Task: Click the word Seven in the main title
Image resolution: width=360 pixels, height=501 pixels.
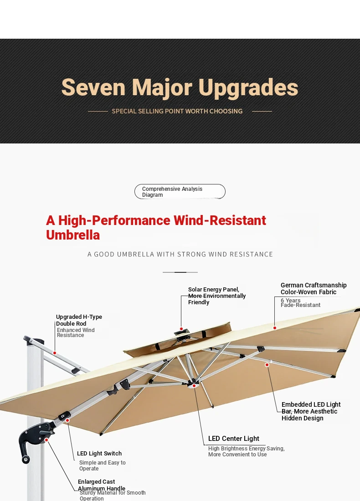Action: pos(93,87)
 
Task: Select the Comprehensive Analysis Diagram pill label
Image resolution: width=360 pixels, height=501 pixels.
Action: pos(180,192)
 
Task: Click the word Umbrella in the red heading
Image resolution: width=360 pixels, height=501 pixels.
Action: pos(73,235)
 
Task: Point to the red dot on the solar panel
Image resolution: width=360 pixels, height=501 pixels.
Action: pos(181,329)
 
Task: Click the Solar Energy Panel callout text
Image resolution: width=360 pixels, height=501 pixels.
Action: pos(217,296)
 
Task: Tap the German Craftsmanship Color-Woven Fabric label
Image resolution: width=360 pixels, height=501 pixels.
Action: pos(314,288)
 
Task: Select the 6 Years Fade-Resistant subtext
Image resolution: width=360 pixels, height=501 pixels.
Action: pos(301,302)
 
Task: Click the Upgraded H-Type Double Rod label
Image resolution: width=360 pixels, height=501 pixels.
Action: pos(79,320)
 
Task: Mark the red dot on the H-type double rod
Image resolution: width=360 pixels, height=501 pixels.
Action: pos(55,353)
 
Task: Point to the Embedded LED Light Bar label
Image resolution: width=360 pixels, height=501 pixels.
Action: pos(311,411)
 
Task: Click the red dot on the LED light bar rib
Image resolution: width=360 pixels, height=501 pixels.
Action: pos(267,364)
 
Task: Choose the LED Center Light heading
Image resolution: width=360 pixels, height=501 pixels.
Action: pos(234,439)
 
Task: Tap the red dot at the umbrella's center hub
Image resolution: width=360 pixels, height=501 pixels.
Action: pos(194,386)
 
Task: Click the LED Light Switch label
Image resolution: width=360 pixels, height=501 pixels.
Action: pos(99,453)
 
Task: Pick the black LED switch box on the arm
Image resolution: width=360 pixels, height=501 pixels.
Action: pos(65,416)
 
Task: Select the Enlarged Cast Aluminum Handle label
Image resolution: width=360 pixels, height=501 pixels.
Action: pos(102,485)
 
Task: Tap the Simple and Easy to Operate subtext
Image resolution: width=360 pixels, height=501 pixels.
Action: pos(103,465)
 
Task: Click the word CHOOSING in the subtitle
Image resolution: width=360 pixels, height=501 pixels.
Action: pos(226,111)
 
